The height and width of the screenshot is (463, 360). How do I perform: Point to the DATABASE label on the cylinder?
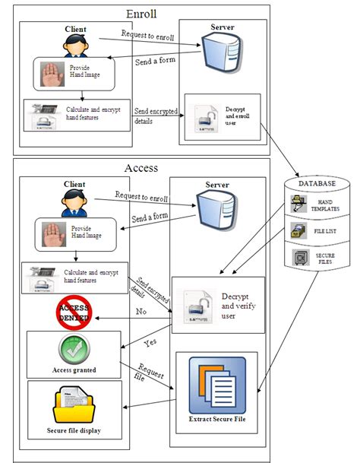click(x=318, y=183)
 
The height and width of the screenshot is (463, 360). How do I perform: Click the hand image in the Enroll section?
click(x=51, y=75)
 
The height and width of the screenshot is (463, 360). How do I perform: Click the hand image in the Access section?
click(x=51, y=233)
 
